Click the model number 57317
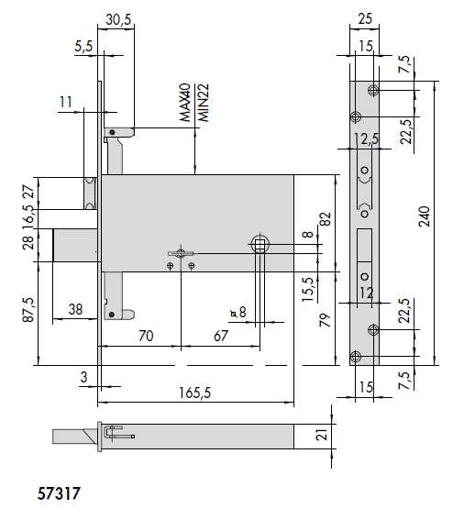pyautogui.click(x=60, y=492)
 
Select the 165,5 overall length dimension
pyautogui.click(x=194, y=393)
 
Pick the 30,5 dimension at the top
pyautogui.click(x=116, y=17)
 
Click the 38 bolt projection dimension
pyautogui.click(x=78, y=311)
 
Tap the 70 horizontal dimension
pyautogui.click(x=144, y=336)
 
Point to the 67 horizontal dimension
pyautogui.click(x=220, y=336)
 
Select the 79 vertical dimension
pyautogui.click(x=324, y=320)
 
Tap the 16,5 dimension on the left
pyautogui.click(x=27, y=219)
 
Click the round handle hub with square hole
pyautogui.click(x=259, y=243)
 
